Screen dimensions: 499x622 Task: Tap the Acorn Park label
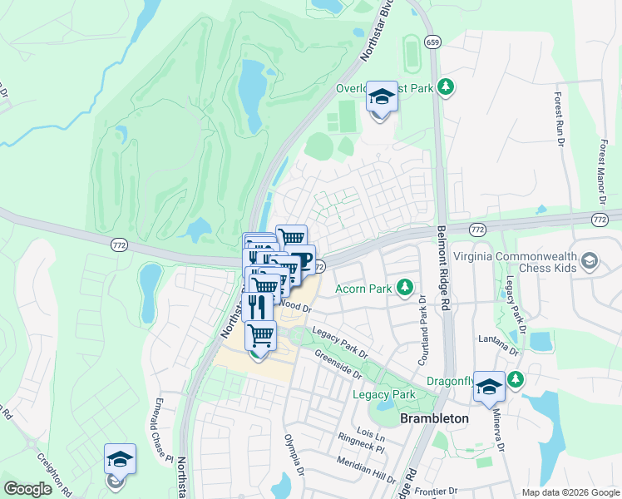point(363,289)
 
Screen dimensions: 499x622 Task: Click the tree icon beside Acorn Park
point(405,288)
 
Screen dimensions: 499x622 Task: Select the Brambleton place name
point(434,419)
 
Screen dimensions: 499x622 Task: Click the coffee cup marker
point(300,260)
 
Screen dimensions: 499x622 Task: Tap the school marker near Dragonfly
point(489,387)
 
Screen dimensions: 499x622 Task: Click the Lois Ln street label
point(370,436)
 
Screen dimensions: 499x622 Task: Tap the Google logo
point(27,489)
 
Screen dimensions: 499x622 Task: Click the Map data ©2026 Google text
point(570,492)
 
